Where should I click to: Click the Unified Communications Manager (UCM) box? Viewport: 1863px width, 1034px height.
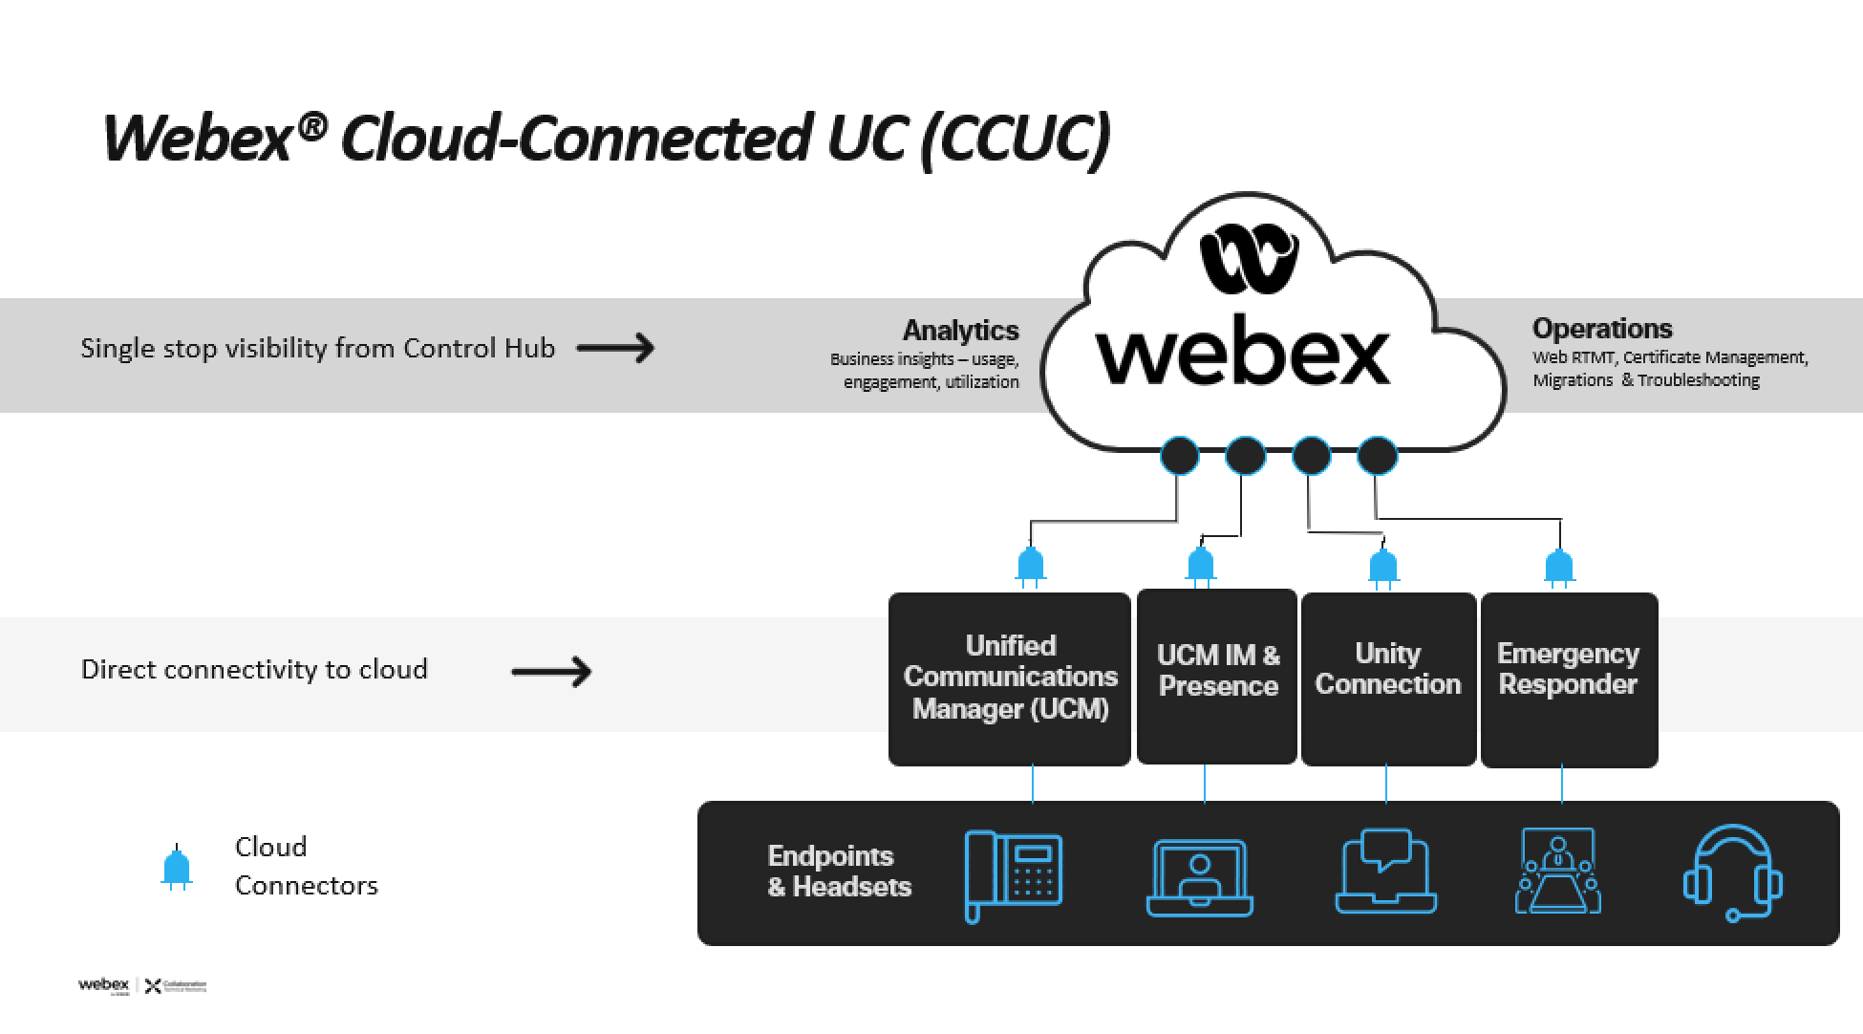click(x=1010, y=679)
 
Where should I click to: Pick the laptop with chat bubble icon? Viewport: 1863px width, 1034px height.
click(x=1385, y=872)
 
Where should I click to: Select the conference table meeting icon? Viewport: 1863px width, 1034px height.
click(x=1558, y=872)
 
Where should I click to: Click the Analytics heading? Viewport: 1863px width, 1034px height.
click(x=960, y=331)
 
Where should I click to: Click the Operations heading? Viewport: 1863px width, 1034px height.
click(x=1602, y=329)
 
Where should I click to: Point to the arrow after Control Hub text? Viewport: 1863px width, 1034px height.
click(x=616, y=348)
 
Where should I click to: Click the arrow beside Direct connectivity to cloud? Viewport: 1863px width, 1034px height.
click(x=551, y=672)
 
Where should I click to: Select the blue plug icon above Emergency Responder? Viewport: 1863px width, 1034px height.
click(x=1559, y=567)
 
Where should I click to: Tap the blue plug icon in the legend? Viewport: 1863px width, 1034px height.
click(x=177, y=868)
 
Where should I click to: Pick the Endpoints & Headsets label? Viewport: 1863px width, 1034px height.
click(x=839, y=872)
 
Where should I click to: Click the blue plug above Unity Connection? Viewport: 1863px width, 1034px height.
click(x=1382, y=567)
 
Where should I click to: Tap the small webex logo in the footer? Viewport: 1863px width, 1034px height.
click(x=103, y=985)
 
